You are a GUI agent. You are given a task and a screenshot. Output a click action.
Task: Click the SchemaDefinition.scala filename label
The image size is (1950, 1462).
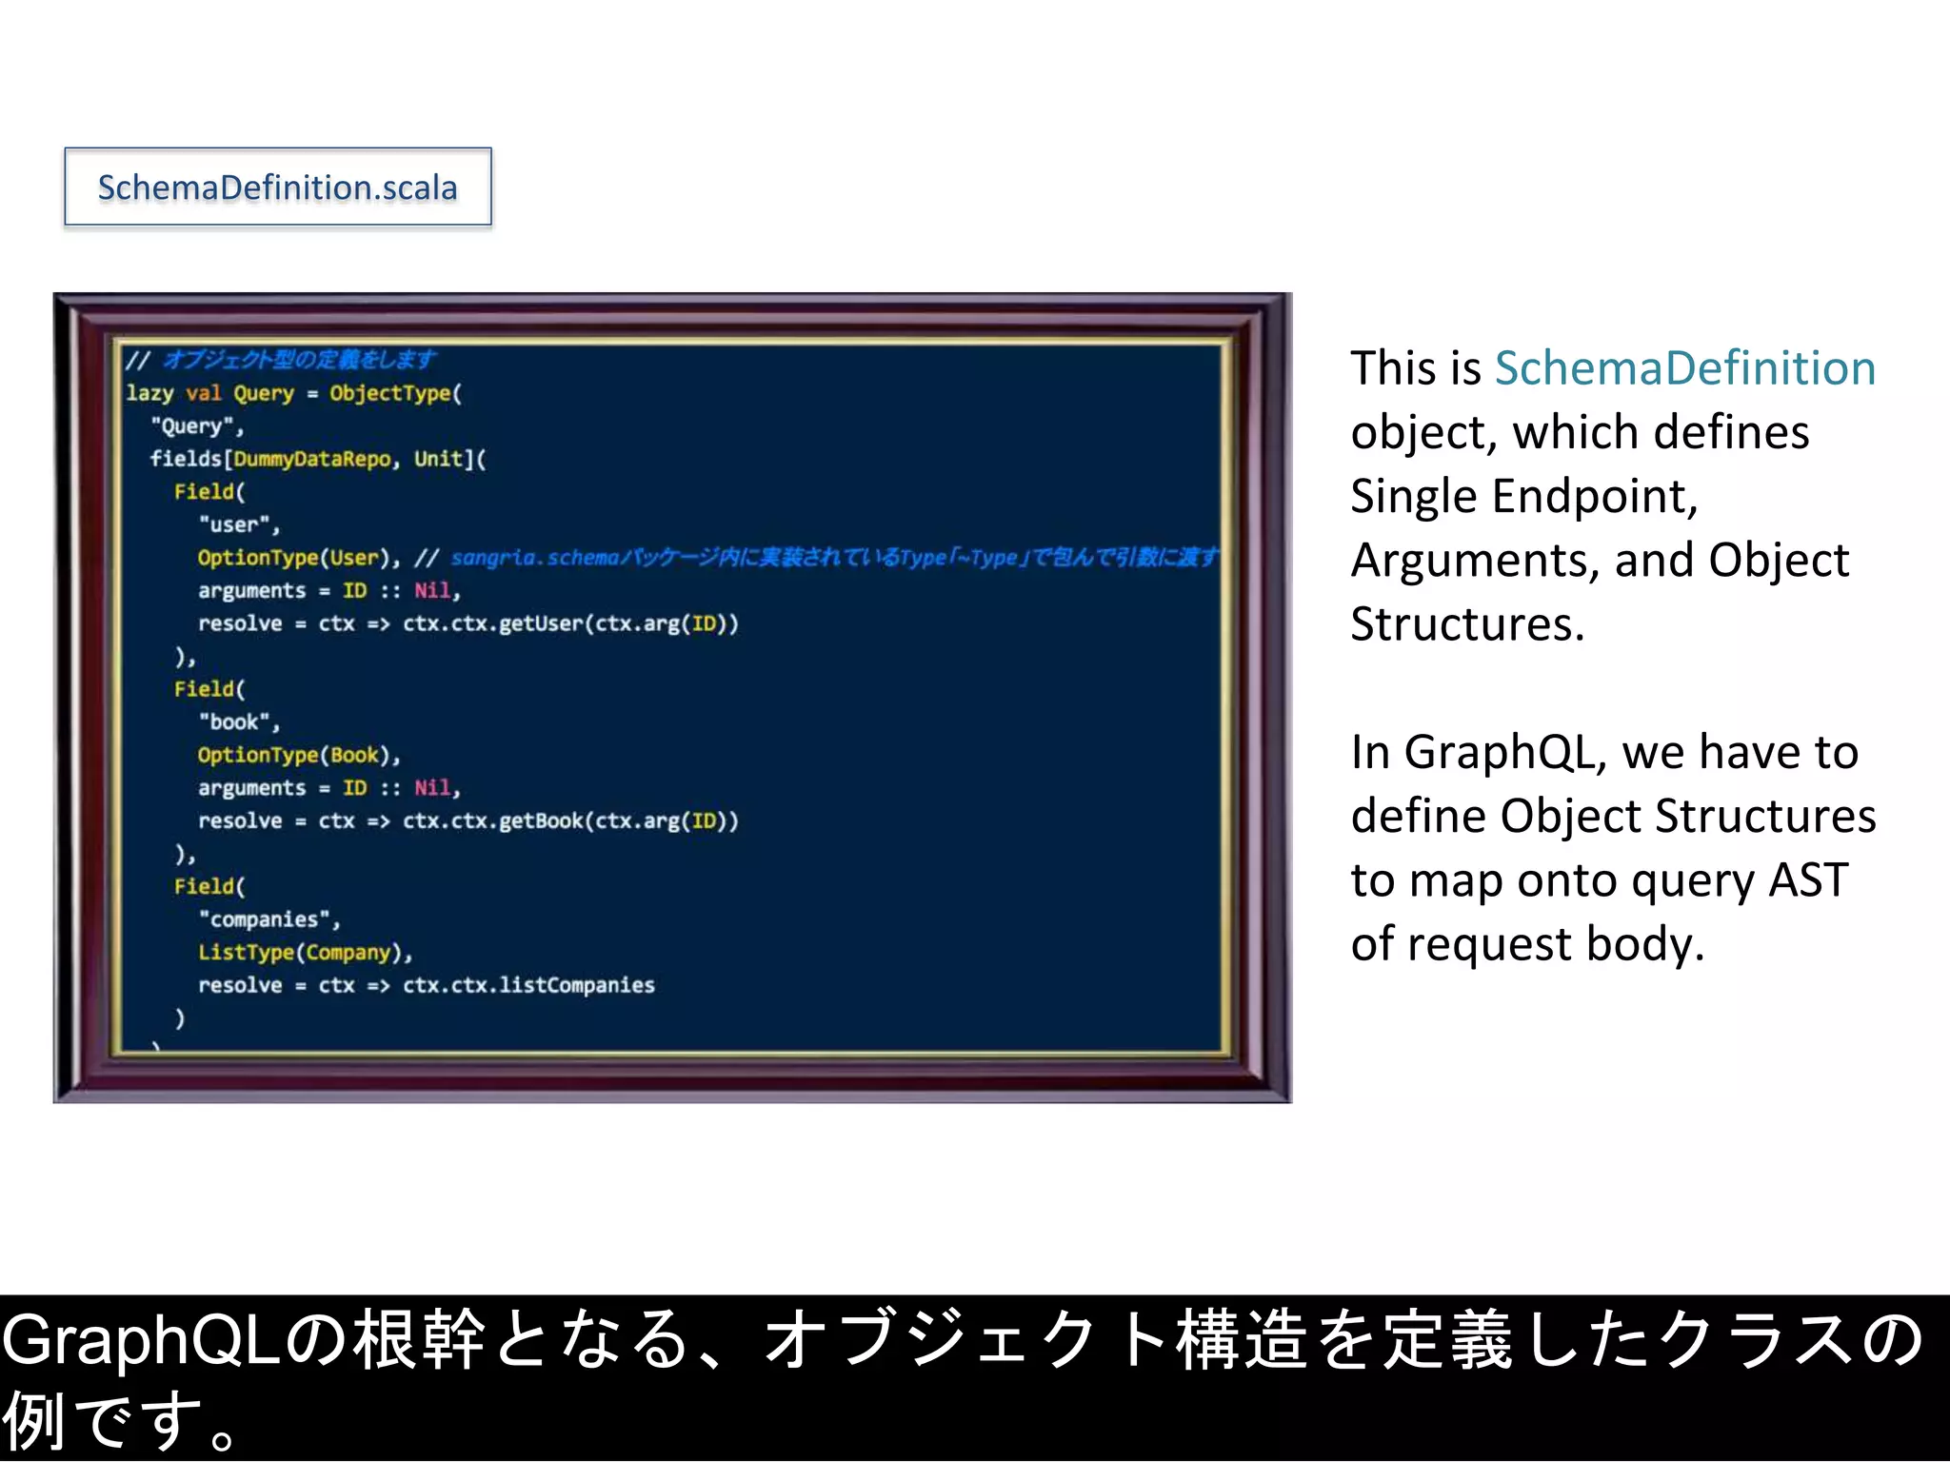pyautogui.click(x=277, y=188)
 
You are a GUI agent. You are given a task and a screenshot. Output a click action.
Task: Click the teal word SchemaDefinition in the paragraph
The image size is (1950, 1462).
pyautogui.click(x=1684, y=368)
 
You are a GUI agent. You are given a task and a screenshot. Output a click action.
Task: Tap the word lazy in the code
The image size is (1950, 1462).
pyautogui.click(x=149, y=393)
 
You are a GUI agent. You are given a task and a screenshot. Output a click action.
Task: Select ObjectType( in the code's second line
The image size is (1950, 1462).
pyautogui.click(x=395, y=393)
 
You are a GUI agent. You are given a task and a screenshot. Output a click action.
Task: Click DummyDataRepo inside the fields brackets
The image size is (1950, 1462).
pyautogui.click(x=311, y=459)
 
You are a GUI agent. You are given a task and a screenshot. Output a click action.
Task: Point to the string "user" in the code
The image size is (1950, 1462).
pyautogui.click(x=238, y=524)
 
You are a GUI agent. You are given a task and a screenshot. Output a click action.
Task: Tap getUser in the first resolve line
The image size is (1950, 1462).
pyautogui.click(x=541, y=623)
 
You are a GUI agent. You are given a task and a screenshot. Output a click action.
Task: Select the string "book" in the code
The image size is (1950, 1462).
pyautogui.click(x=238, y=721)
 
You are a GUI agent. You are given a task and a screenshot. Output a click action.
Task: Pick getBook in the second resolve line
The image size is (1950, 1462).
pyautogui.click(x=541, y=820)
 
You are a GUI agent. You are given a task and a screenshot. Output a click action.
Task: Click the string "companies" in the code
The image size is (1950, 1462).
pyautogui.click(x=269, y=919)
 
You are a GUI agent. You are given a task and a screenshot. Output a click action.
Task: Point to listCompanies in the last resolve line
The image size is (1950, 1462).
pyautogui.click(x=577, y=985)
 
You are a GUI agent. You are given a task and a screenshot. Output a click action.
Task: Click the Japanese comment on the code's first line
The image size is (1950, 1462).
pyautogui.click(x=299, y=360)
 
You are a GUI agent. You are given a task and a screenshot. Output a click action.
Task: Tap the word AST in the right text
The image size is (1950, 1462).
pyautogui.click(x=1807, y=880)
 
